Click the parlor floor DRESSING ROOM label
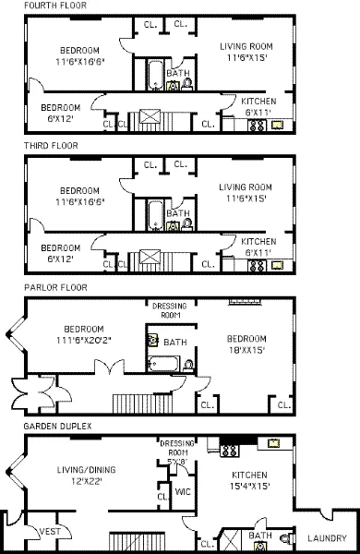pyautogui.click(x=169, y=310)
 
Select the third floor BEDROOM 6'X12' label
pyautogui.click(x=61, y=252)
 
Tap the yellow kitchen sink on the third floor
pyautogui.click(x=276, y=264)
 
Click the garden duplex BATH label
pyautogui.click(x=259, y=535)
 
